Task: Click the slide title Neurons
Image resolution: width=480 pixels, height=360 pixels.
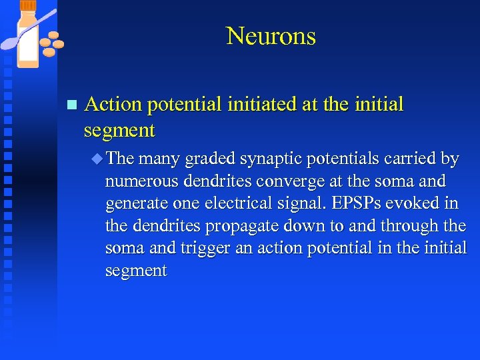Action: pos(271,36)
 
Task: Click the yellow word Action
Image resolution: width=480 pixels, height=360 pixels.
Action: pos(113,105)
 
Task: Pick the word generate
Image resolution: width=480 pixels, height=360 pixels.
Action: pos(137,204)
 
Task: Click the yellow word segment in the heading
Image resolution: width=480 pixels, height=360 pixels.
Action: pos(119,130)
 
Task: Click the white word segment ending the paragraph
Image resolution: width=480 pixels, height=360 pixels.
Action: pos(136,271)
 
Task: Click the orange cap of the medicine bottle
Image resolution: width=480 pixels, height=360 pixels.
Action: pos(27,5)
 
